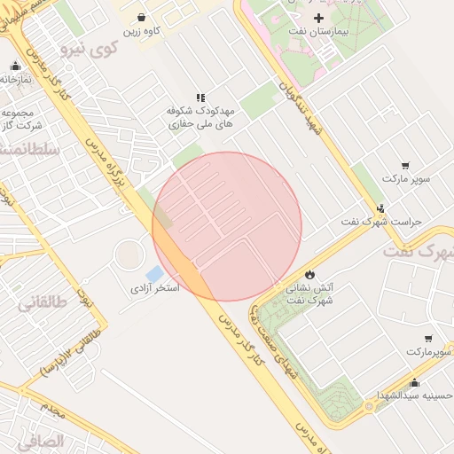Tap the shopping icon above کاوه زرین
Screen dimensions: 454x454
point(142,17)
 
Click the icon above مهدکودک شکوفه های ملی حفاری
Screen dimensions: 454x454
point(201,98)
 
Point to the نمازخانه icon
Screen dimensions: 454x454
point(15,67)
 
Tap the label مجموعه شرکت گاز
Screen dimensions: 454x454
point(18,121)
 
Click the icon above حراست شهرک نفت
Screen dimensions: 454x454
point(381,209)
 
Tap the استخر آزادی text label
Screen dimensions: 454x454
point(155,289)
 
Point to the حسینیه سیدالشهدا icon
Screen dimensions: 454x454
point(414,382)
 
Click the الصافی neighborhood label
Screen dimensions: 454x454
point(40,440)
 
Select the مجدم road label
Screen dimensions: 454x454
point(52,410)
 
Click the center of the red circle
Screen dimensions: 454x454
point(227,226)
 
